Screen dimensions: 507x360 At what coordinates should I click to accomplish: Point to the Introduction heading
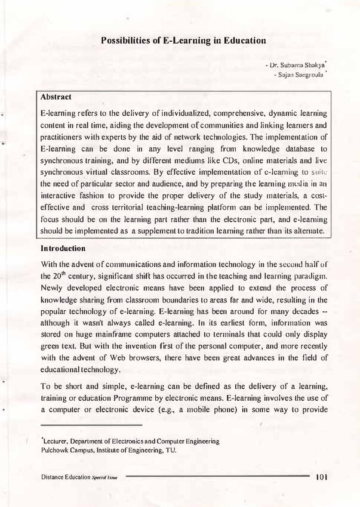pos(64,247)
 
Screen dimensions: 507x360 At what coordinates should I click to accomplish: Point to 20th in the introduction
pos(56,276)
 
